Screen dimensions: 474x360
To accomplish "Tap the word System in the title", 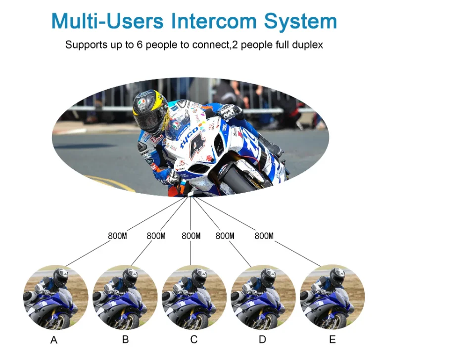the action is (300, 21).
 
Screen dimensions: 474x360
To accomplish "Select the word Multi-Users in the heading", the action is (107, 21).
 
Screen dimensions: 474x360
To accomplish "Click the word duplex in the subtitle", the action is (306, 45).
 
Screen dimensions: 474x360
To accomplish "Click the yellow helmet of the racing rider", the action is (150, 110).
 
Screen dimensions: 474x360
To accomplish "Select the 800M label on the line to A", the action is (117, 236).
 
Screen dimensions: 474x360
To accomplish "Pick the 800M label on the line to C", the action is (191, 236).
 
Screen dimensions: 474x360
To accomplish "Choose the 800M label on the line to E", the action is (264, 236).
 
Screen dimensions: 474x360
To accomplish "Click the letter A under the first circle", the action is (54, 340).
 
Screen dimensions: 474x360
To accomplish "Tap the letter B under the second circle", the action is (125, 340).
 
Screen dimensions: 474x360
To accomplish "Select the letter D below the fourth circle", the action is (262, 340).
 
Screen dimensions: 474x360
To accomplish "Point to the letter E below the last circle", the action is (332, 340).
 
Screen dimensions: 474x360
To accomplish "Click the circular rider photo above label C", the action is (193, 298).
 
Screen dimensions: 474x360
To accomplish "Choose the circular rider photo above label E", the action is (332, 298).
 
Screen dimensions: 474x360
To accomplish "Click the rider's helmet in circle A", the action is (60, 277).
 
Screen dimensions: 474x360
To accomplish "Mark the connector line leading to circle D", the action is (242, 254).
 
